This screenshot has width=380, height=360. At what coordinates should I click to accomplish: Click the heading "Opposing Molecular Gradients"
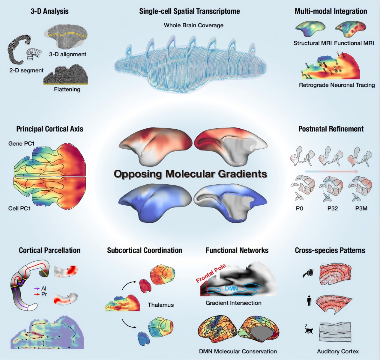tap(190, 174)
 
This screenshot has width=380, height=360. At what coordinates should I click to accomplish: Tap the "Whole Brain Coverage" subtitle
tap(193, 25)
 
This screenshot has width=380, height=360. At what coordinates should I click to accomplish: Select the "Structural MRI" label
tap(312, 43)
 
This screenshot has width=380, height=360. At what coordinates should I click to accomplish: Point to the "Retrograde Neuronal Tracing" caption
tap(337, 85)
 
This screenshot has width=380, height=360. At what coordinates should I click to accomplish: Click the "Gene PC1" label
tap(21, 144)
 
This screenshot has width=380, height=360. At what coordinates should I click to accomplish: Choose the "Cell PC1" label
tap(19, 208)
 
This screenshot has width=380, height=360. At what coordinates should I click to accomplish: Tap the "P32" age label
tap(332, 208)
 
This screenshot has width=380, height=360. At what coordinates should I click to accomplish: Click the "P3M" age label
tap(361, 208)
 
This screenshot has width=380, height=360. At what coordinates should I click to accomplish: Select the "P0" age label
tap(299, 208)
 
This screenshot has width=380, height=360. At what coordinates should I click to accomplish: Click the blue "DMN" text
tap(231, 289)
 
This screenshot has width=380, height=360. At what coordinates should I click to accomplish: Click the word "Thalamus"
tap(161, 305)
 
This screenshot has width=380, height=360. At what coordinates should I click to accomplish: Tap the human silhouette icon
tap(309, 300)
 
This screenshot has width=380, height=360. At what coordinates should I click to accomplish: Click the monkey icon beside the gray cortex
tap(309, 329)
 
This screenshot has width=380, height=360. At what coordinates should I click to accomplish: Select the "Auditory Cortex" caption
tap(338, 351)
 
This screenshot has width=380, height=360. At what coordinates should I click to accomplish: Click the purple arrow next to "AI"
tap(37, 288)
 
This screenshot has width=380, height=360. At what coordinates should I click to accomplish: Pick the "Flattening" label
tap(67, 89)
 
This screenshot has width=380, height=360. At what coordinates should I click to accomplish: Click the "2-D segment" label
tap(26, 70)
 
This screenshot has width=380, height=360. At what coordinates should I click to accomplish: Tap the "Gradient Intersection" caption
tap(233, 303)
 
